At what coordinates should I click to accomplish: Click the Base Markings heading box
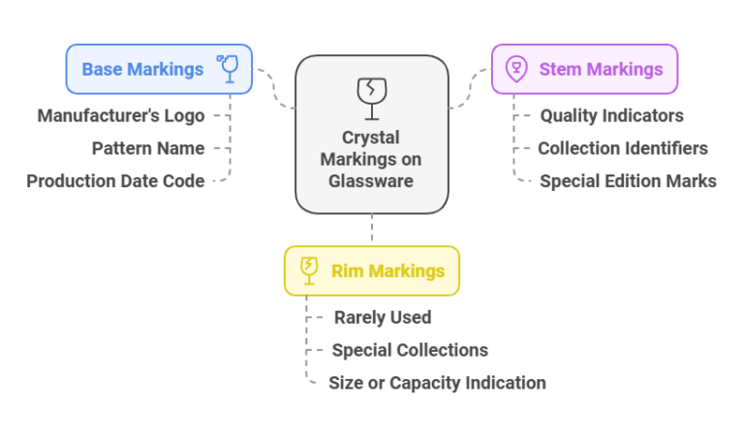(x=159, y=69)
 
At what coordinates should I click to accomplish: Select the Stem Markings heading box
(x=584, y=69)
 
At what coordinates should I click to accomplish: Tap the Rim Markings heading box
(x=371, y=270)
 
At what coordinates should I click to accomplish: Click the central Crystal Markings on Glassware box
(x=371, y=134)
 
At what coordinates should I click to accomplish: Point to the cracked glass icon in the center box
(x=371, y=93)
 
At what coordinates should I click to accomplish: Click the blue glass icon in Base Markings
(x=230, y=68)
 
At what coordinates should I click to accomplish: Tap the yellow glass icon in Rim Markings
(x=309, y=270)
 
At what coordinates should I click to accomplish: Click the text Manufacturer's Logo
(x=121, y=115)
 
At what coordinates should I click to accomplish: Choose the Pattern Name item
(x=148, y=148)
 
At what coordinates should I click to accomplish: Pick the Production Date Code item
(x=115, y=180)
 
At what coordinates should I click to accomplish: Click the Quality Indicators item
(x=611, y=115)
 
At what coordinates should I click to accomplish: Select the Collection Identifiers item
(x=623, y=148)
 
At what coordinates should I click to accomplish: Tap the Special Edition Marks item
(x=628, y=180)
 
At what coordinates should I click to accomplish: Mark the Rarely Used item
(x=383, y=317)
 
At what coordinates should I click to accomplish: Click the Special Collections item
(x=410, y=350)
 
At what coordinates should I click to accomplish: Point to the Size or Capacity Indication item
(x=437, y=383)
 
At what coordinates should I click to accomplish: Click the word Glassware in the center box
(x=371, y=180)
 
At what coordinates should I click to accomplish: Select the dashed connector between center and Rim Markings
(x=372, y=230)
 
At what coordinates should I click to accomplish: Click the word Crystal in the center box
(x=371, y=138)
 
